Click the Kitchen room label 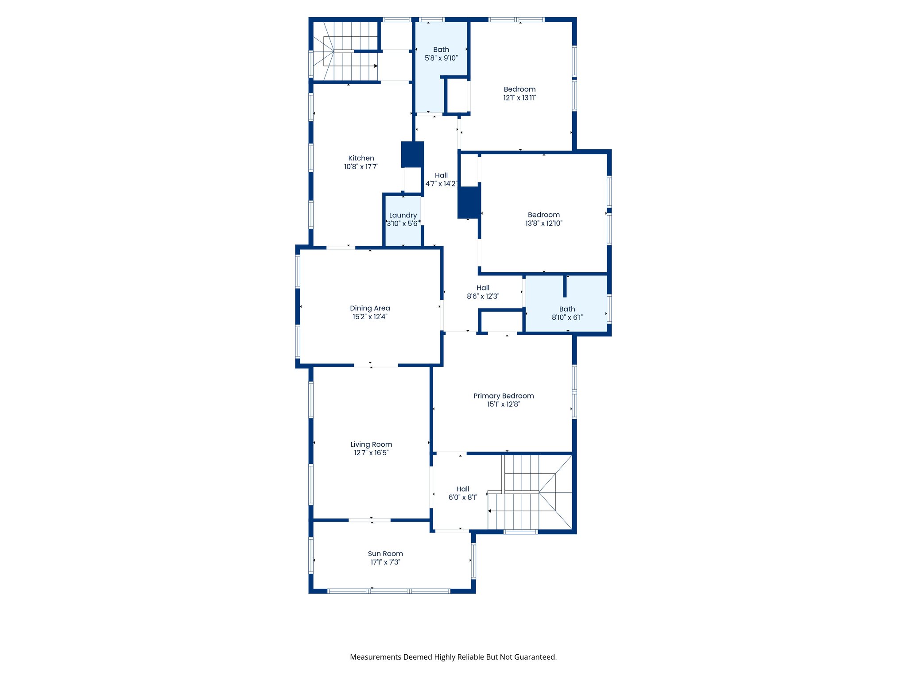361,158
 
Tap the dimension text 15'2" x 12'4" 370,317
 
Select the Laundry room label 403,215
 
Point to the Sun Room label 385,554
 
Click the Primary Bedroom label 504,396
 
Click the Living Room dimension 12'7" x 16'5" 371,453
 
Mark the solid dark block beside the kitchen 412,154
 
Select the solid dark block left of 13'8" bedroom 469,202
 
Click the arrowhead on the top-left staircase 376,66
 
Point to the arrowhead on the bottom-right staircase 490,511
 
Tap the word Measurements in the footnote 376,657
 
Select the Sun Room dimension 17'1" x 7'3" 385,562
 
